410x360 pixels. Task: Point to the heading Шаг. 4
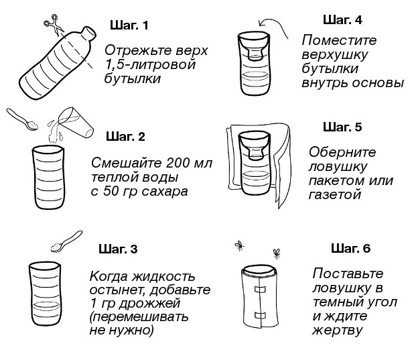pyautogui.click(x=342, y=19)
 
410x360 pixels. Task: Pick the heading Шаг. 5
pyautogui.click(x=342, y=127)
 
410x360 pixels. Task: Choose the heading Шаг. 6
pyautogui.click(x=350, y=249)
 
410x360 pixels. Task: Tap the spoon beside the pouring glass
pyautogui.click(x=25, y=121)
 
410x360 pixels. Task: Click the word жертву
pyautogui.click(x=337, y=330)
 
